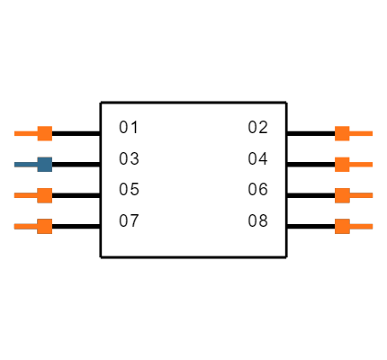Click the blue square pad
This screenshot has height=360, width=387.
(44, 164)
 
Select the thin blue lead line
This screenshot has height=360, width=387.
(25, 165)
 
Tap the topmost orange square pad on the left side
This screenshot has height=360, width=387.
(44, 133)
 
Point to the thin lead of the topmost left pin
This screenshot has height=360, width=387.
(25, 133)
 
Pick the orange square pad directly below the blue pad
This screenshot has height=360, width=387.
(44, 195)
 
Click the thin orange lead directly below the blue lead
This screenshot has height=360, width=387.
(25, 195)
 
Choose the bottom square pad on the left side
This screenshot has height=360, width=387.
(44, 226)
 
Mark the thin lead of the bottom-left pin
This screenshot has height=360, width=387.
(25, 226)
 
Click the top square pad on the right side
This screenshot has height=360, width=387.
(342, 133)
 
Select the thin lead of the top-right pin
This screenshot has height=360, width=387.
(362, 133)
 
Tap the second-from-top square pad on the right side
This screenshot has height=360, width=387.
(342, 164)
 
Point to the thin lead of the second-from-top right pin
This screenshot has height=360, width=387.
(362, 165)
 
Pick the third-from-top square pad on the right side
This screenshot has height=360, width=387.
(342, 195)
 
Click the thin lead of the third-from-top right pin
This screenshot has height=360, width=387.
(362, 195)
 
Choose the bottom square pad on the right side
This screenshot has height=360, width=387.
(342, 226)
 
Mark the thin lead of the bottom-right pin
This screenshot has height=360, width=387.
(362, 226)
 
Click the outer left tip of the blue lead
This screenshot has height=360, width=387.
(14, 165)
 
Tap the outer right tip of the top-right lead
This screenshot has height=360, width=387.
(372, 133)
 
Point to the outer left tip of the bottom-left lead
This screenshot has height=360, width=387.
(14, 226)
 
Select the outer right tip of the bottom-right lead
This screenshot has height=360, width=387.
(372, 226)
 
